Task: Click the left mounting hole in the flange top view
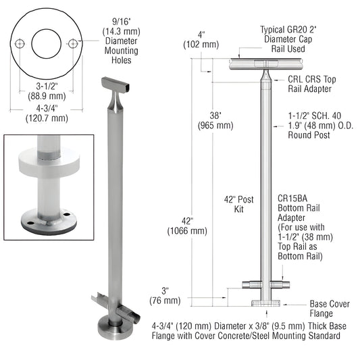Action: point(21,43)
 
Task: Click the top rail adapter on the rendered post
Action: point(115,95)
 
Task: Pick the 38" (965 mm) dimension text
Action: point(215,120)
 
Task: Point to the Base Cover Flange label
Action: point(330,309)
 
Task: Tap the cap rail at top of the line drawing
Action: point(263,63)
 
